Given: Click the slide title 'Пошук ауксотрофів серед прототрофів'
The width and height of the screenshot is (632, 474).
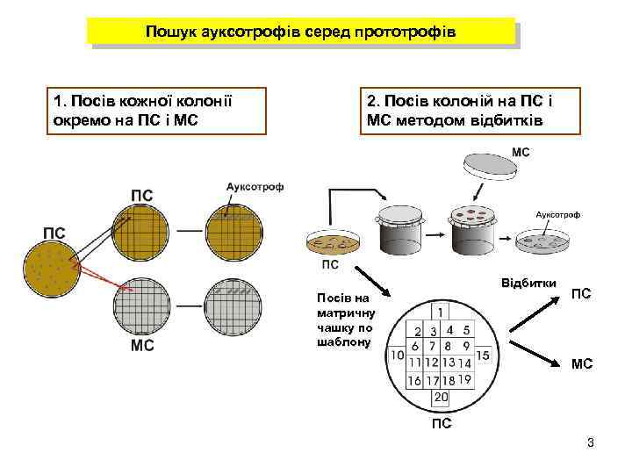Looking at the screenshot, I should [x=300, y=32].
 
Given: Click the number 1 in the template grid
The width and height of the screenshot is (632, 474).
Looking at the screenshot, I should [x=439, y=312].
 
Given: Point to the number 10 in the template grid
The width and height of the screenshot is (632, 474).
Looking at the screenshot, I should [x=397, y=355].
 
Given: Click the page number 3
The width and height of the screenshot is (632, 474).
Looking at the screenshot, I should [x=591, y=442].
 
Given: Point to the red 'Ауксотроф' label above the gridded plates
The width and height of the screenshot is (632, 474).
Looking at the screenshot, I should [x=255, y=187].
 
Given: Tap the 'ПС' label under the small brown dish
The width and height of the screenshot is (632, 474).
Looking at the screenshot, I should [x=330, y=265].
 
